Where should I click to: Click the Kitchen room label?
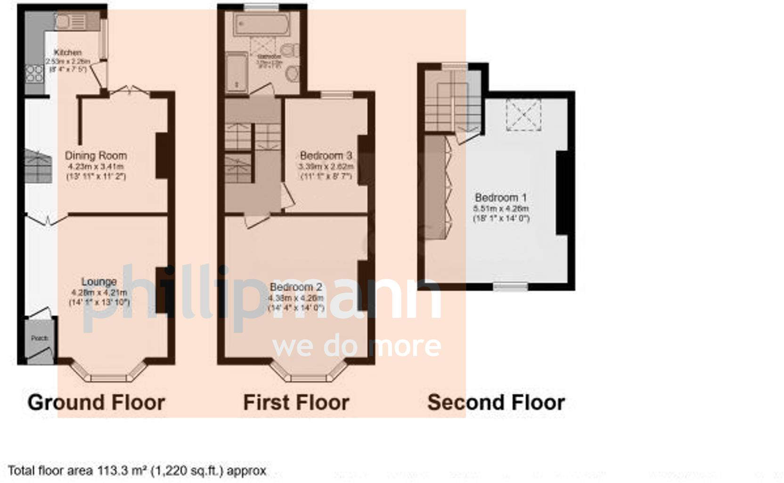(68, 52)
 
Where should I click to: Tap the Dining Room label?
(96, 156)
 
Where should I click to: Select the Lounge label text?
(99, 282)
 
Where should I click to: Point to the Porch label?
(40, 338)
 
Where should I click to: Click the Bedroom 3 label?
(326, 155)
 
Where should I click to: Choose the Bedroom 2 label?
(296, 287)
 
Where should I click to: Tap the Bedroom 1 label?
(500, 198)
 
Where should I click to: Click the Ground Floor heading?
(96, 403)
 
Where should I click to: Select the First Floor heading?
(296, 403)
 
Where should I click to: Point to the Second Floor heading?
(496, 403)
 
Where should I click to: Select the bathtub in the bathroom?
(262, 25)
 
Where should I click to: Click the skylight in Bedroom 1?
(523, 115)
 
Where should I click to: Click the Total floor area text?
(137, 471)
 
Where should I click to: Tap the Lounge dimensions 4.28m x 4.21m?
(99, 292)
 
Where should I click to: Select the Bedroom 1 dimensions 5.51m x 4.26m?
(501, 208)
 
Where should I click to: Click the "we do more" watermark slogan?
(357, 347)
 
